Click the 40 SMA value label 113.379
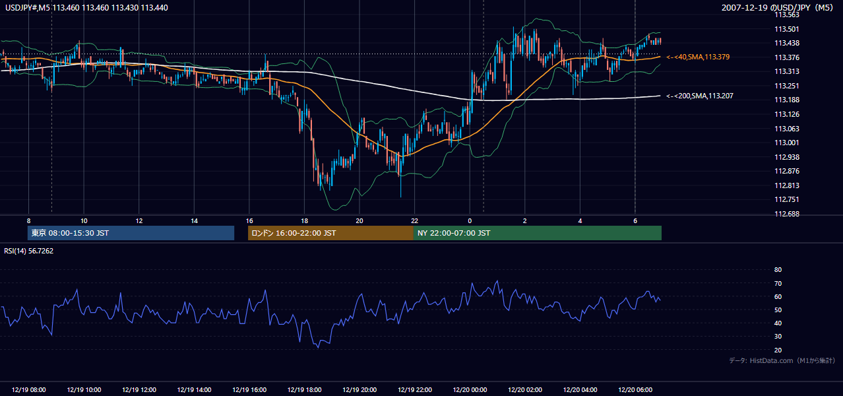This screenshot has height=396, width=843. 698,57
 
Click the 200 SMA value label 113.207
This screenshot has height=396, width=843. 700,96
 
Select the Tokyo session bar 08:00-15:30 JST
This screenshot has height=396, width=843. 131,233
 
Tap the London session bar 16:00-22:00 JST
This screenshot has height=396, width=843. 330,233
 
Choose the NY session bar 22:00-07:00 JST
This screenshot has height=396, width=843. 538,233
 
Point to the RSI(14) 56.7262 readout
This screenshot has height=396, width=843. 28,251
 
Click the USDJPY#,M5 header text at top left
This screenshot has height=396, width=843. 86,8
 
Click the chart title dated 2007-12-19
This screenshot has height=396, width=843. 777,8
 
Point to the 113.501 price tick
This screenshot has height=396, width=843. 786,29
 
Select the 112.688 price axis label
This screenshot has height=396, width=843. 786,214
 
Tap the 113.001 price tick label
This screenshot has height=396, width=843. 786,143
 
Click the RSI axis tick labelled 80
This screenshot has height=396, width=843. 778,269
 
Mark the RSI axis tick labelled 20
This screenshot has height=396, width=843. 778,350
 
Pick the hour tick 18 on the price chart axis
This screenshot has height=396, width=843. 304,221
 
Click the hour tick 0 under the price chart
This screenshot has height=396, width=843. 470,221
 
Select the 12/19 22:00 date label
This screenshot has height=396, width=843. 415,390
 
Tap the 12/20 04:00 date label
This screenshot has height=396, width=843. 580,390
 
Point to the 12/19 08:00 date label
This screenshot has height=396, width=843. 28,390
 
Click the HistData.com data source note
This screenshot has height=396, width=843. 782,360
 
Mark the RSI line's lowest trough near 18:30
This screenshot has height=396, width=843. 318,347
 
